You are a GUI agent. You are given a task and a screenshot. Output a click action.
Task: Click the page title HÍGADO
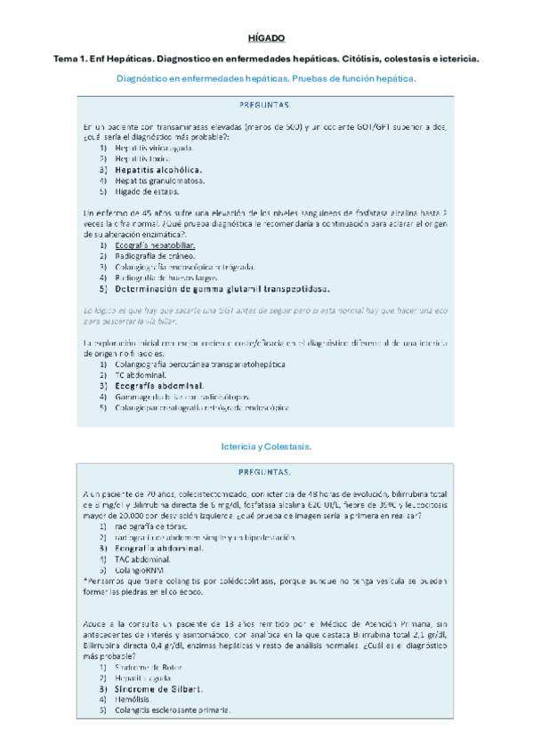266,38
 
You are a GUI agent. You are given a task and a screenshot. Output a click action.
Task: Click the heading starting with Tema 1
266,59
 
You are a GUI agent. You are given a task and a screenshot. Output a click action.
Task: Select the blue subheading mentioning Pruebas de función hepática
266,79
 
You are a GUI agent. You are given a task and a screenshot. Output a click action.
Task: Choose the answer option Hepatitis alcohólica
157,169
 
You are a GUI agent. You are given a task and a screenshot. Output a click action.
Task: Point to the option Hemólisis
133,699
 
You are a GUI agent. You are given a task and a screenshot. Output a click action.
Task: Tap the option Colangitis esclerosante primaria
173,710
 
